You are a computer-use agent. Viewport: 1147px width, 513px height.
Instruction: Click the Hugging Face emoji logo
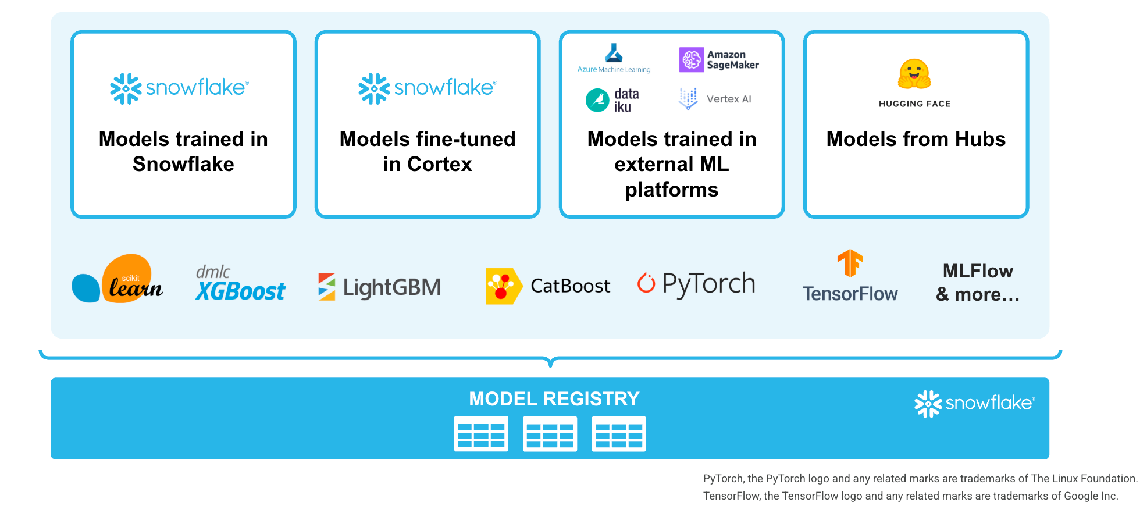pos(914,74)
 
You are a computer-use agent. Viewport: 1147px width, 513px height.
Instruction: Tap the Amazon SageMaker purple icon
pos(692,60)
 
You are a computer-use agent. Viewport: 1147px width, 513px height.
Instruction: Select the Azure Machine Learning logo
pos(614,58)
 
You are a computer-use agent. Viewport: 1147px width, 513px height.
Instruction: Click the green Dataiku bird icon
pos(597,100)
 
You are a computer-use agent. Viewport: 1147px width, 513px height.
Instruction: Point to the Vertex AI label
pos(729,99)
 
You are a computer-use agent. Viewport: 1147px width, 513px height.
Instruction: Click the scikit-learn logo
pos(117,280)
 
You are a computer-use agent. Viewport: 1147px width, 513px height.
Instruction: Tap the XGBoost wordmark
pos(241,291)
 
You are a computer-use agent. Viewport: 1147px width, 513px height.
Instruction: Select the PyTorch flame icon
pos(646,283)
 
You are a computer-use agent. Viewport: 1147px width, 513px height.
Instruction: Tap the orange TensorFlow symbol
pos(850,263)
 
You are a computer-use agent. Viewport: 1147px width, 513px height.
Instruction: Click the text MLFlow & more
pos(978,283)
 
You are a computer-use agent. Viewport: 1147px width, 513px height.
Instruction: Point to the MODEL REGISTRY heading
pos(554,399)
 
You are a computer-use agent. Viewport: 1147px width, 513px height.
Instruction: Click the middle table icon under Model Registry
pos(550,434)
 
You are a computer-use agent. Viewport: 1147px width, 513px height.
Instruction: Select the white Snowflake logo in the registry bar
pos(974,403)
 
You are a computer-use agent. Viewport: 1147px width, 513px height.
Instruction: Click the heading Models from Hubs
pos(916,140)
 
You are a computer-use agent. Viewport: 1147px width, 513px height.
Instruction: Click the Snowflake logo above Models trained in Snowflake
pos(180,88)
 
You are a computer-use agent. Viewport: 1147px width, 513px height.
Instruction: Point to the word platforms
pos(671,190)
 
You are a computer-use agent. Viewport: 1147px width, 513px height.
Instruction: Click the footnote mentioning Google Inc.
pos(910,496)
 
